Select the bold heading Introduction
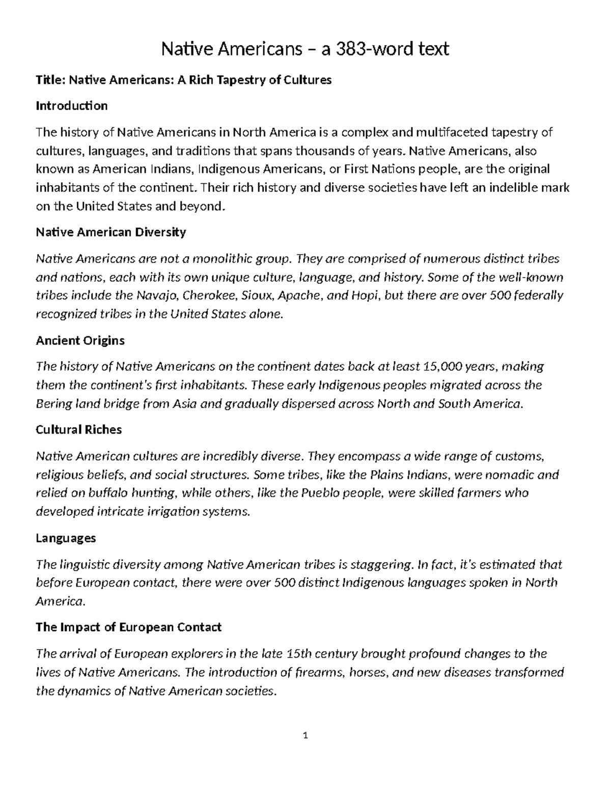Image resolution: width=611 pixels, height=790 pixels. (71, 106)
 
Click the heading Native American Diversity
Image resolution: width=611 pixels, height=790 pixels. (110, 232)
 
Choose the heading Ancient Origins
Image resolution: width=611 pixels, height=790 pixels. (80, 340)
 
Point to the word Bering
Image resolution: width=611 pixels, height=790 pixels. (52, 404)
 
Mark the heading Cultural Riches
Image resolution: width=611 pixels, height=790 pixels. (78, 430)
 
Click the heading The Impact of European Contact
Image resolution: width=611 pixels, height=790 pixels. (128, 627)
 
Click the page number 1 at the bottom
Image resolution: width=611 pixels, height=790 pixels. (305, 735)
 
